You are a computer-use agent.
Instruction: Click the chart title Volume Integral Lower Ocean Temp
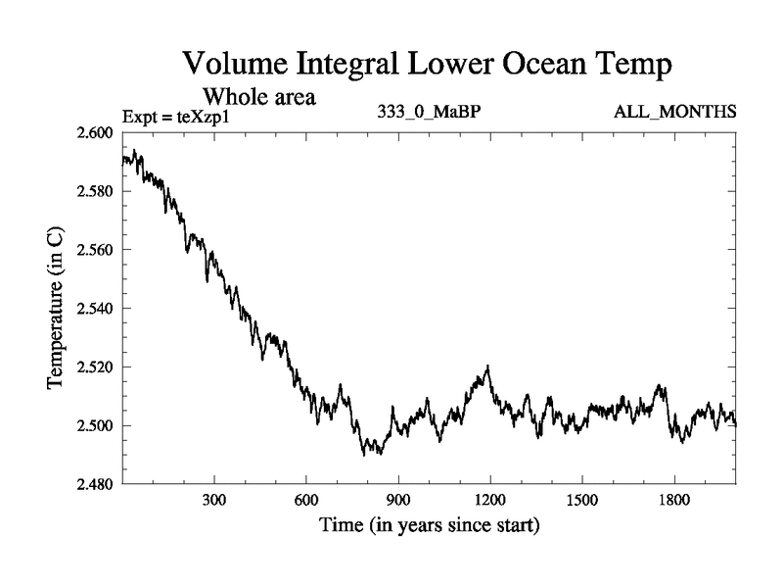pyautogui.click(x=429, y=66)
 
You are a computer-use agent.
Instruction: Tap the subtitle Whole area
pyautogui.click(x=257, y=97)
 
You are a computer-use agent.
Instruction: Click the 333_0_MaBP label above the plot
pyautogui.click(x=430, y=112)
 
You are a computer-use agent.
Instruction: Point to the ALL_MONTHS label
pyautogui.click(x=675, y=112)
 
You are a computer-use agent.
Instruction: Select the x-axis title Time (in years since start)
pyautogui.click(x=429, y=526)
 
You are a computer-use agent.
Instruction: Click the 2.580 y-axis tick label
pyautogui.click(x=96, y=191)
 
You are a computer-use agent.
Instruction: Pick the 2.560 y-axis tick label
pyautogui.click(x=96, y=250)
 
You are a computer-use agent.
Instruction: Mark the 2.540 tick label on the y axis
pyautogui.click(x=96, y=309)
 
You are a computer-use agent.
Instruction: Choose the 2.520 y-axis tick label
pyautogui.click(x=96, y=367)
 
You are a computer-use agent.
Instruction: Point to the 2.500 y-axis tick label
pyautogui.click(x=96, y=426)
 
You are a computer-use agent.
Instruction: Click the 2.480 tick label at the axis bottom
pyautogui.click(x=96, y=484)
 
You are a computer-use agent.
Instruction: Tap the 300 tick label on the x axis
pyautogui.click(x=214, y=500)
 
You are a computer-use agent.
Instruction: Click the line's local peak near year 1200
pyautogui.click(x=487, y=367)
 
